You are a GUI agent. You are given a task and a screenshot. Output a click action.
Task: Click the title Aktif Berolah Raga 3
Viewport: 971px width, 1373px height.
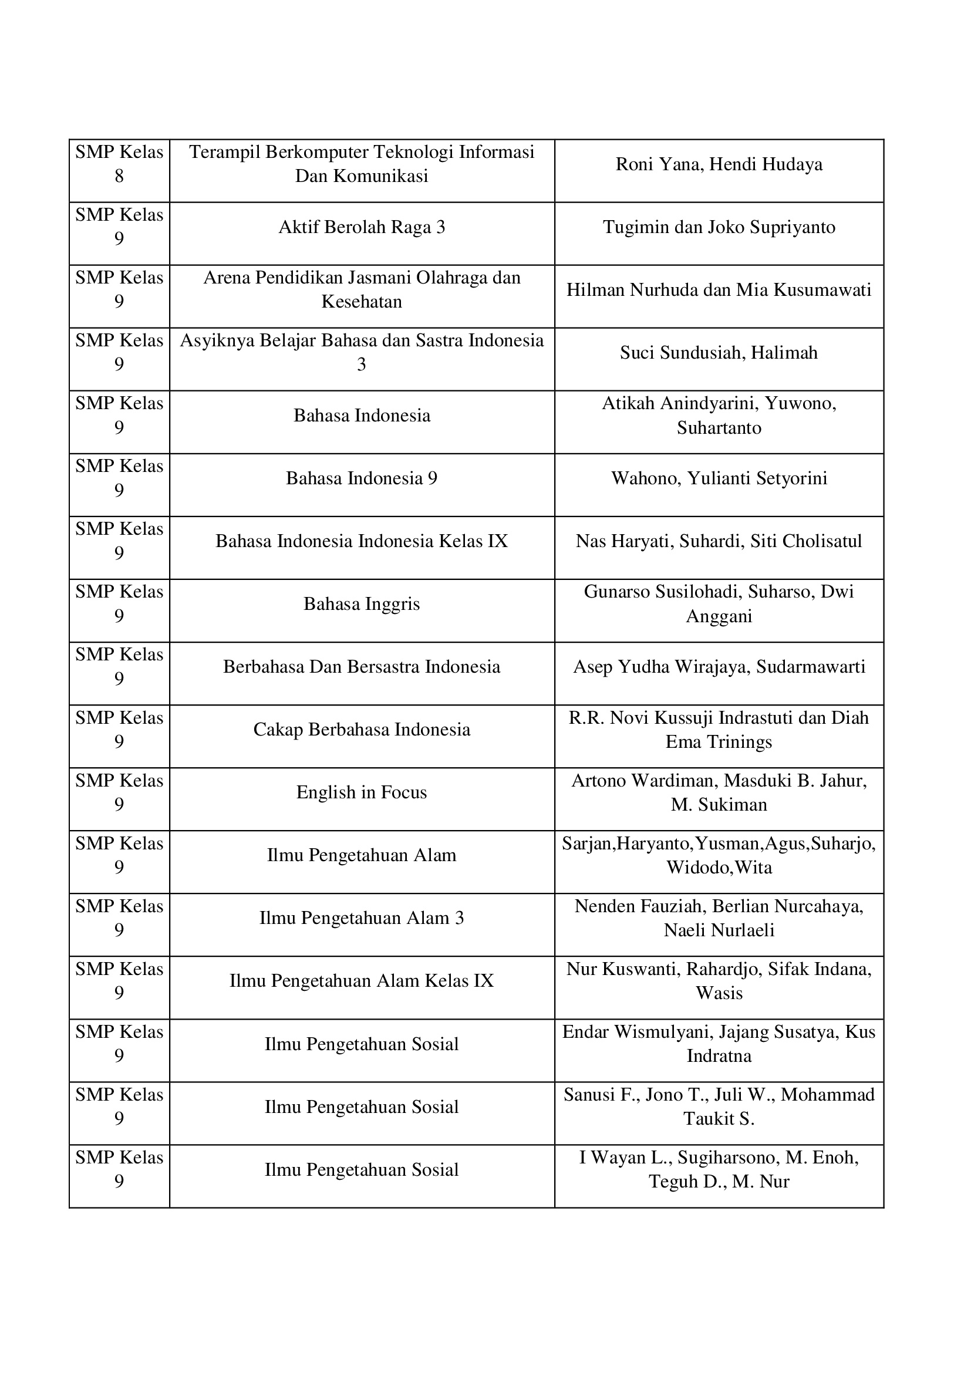[x=362, y=227]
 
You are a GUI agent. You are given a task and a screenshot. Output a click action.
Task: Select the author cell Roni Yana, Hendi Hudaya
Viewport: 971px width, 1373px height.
[x=719, y=164]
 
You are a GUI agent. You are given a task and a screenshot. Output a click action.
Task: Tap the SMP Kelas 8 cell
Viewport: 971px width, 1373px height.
[x=119, y=164]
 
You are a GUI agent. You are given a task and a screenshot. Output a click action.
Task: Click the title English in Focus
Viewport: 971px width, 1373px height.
[x=362, y=792]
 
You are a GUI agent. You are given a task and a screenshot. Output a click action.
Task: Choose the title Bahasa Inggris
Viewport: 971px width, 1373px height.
[x=362, y=604]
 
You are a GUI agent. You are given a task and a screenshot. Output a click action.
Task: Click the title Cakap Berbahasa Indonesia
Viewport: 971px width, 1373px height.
[x=362, y=730]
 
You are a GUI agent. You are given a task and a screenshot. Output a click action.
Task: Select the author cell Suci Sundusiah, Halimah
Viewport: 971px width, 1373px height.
[x=719, y=353]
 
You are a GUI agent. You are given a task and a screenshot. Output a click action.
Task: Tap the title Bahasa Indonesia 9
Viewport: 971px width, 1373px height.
[x=362, y=478]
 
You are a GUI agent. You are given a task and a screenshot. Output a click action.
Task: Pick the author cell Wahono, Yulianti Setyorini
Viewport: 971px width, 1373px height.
[x=719, y=478]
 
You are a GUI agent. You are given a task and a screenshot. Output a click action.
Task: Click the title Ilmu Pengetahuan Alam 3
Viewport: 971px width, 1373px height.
[x=362, y=918]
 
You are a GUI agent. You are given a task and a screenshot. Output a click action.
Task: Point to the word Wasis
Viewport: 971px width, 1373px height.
[x=719, y=993]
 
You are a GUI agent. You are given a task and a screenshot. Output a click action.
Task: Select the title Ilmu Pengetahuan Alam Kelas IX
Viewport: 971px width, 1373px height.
[x=362, y=981]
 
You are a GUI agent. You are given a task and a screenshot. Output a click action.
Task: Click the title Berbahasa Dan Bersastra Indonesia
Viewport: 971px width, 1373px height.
[x=362, y=667]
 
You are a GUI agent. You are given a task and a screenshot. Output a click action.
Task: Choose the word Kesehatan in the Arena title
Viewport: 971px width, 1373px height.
[x=362, y=302]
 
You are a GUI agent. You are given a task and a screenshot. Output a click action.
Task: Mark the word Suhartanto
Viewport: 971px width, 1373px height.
[x=719, y=428]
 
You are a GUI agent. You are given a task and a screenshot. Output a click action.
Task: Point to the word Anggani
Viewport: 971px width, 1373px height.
[x=719, y=616]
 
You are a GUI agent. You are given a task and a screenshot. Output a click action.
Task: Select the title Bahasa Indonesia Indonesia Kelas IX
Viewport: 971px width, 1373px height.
[x=362, y=541]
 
